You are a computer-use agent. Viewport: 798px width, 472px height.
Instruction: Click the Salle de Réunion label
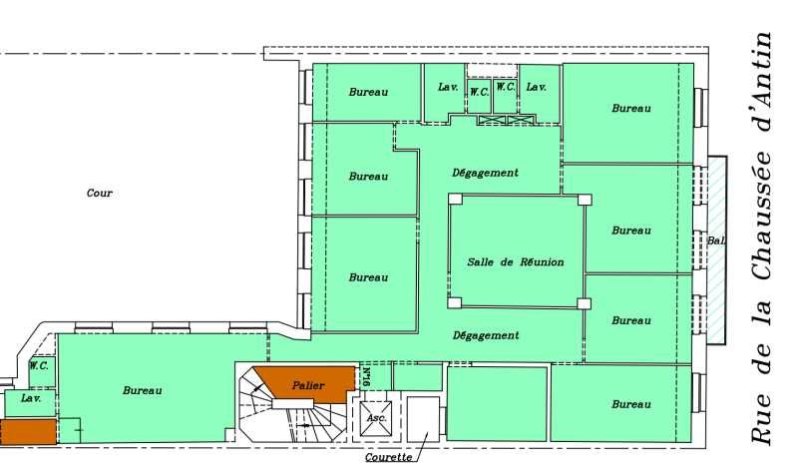pyautogui.click(x=515, y=262)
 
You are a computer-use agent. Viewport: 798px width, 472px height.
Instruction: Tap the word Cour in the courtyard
pyautogui.click(x=100, y=194)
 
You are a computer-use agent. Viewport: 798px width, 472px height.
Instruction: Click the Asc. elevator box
pyautogui.click(x=376, y=418)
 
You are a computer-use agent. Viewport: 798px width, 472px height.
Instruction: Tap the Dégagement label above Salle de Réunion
pyautogui.click(x=485, y=173)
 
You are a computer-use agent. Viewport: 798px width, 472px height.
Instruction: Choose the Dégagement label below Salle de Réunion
pyautogui.click(x=485, y=335)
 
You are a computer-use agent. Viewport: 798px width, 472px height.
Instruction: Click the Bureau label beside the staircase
pyautogui.click(x=143, y=390)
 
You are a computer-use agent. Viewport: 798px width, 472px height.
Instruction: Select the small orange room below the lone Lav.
pyautogui.click(x=28, y=431)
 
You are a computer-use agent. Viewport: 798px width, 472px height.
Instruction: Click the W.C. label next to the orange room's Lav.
pyautogui.click(x=39, y=365)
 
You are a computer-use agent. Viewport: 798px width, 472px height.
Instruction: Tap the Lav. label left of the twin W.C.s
pyautogui.click(x=448, y=87)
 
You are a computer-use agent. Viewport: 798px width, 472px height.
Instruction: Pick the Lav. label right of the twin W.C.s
pyautogui.click(x=536, y=87)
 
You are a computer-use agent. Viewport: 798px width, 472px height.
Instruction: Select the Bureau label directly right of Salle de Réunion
pyautogui.click(x=630, y=231)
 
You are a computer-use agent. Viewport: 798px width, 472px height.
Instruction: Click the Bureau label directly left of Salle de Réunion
pyautogui.click(x=368, y=277)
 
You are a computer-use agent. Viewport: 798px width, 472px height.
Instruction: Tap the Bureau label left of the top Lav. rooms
pyautogui.click(x=368, y=93)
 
